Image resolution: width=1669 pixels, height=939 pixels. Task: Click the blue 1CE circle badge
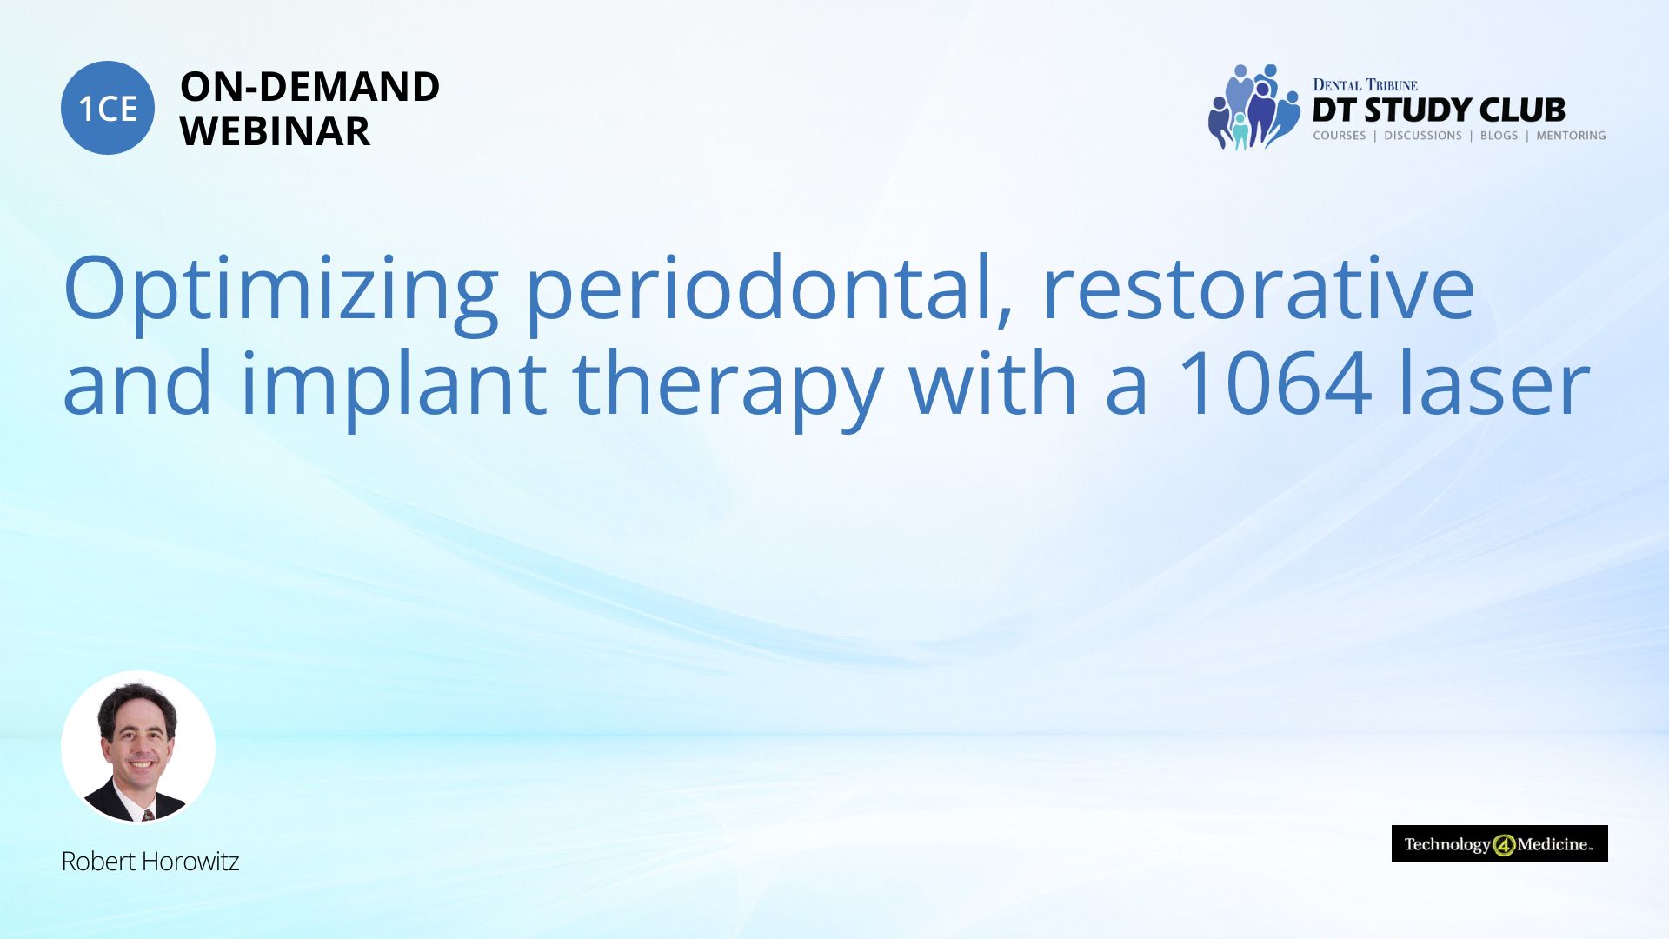108,108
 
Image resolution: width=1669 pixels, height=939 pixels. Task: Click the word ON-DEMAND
309,87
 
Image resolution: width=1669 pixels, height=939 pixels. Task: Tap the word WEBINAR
275,131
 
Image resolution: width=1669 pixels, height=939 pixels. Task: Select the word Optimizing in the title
281,292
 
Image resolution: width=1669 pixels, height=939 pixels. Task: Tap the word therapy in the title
728,386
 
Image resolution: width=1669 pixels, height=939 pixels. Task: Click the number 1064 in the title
1274,383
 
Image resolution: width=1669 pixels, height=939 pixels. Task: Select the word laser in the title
1495,382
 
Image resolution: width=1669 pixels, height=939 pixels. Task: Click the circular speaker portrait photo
138,747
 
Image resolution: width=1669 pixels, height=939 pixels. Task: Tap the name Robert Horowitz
150,862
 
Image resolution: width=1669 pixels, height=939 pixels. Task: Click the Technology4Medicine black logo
1499,843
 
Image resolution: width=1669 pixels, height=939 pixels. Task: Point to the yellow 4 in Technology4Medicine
1504,845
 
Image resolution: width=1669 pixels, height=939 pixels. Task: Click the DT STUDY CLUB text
1439,110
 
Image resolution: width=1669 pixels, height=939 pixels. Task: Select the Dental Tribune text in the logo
1365,85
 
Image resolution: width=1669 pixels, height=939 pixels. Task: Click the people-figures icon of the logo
1253,107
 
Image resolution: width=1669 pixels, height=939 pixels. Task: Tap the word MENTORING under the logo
1571,136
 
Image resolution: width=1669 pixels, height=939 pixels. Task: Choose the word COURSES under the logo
1339,136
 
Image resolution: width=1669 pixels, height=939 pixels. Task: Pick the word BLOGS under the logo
1499,136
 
